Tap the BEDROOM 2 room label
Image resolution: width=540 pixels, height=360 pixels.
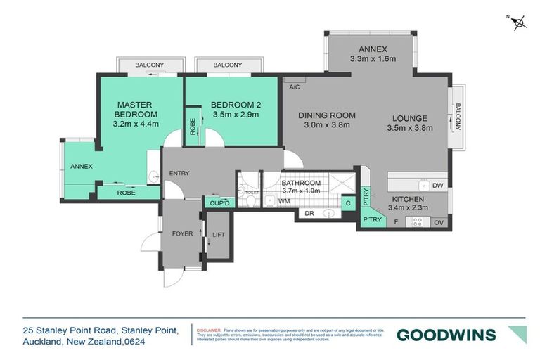click(x=235, y=105)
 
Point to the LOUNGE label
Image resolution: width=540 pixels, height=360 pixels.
click(x=409, y=117)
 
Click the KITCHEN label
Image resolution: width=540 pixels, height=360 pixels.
click(x=407, y=198)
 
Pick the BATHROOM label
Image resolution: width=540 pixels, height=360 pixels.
click(x=301, y=182)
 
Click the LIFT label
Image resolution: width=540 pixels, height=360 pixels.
click(x=219, y=234)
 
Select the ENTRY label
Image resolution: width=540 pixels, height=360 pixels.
click(x=180, y=173)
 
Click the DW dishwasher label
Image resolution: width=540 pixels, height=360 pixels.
click(x=437, y=186)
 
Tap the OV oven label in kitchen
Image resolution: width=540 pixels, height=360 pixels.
click(x=440, y=222)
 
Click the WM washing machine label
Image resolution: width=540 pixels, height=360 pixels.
click(x=284, y=201)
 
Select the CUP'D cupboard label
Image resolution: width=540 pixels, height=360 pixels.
click(x=220, y=203)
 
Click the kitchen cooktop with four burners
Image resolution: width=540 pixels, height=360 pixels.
click(x=416, y=221)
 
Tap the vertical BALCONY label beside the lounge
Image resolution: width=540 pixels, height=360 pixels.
click(x=458, y=117)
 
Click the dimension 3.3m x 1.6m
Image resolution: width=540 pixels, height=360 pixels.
click(x=373, y=60)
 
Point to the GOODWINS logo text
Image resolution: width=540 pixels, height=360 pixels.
click(x=446, y=335)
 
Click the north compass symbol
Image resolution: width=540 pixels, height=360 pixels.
click(x=519, y=22)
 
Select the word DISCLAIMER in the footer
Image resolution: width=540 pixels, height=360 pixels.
click(x=209, y=330)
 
